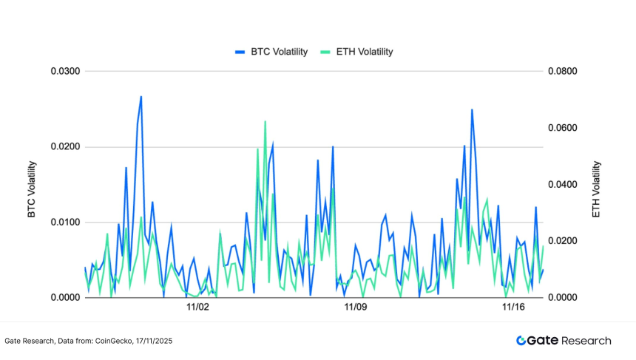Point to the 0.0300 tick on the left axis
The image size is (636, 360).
coord(64,72)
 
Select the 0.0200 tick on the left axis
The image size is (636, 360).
coord(64,147)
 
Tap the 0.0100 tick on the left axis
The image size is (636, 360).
coord(64,223)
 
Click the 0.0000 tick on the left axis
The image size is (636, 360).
coord(64,298)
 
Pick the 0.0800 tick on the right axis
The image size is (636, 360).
coord(561,72)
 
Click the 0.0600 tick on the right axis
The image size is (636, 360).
coord(561,129)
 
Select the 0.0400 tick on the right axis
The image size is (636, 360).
coord(561,185)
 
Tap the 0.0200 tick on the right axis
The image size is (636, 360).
coord(561,242)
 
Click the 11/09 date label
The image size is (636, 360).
coord(356,308)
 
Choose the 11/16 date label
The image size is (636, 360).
coord(513,308)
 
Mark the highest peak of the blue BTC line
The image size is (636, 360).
coord(141,97)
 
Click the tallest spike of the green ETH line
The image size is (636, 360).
coord(265,122)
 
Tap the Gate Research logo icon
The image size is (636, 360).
coord(521,341)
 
